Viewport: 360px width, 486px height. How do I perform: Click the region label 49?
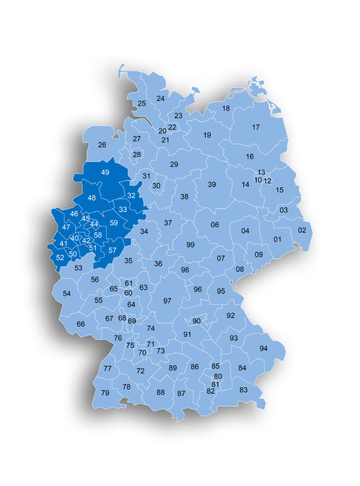click(x=105, y=172)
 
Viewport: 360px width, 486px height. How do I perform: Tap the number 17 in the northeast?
click(x=256, y=127)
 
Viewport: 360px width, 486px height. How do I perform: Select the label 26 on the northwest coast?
click(x=102, y=145)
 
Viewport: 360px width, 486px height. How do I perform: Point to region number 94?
click(x=264, y=348)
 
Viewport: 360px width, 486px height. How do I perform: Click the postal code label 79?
click(x=105, y=393)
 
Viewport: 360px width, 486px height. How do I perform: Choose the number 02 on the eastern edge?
click(x=302, y=230)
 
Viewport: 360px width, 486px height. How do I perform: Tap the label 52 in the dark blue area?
click(x=60, y=258)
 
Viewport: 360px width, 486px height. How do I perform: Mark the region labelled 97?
click(x=167, y=301)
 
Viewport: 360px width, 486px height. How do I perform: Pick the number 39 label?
click(x=212, y=185)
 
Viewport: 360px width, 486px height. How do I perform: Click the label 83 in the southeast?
click(x=244, y=390)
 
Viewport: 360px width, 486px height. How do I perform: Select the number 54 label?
click(x=66, y=294)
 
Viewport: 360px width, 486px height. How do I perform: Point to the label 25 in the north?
click(x=142, y=103)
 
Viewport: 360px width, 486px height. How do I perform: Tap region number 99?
click(x=190, y=245)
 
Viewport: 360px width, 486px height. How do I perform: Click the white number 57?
click(x=113, y=250)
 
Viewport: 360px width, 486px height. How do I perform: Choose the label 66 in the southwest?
click(x=81, y=324)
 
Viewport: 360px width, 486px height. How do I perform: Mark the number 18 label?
click(x=226, y=108)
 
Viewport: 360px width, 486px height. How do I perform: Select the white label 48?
click(x=92, y=198)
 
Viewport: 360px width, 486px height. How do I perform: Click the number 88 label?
click(x=161, y=392)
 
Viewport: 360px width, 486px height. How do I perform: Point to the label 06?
click(x=215, y=224)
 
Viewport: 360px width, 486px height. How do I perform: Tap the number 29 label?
click(x=174, y=164)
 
